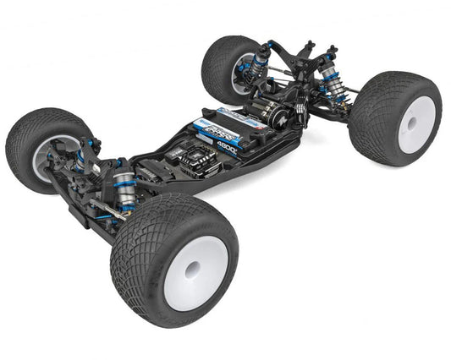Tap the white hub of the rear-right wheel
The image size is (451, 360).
(x=415, y=123)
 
